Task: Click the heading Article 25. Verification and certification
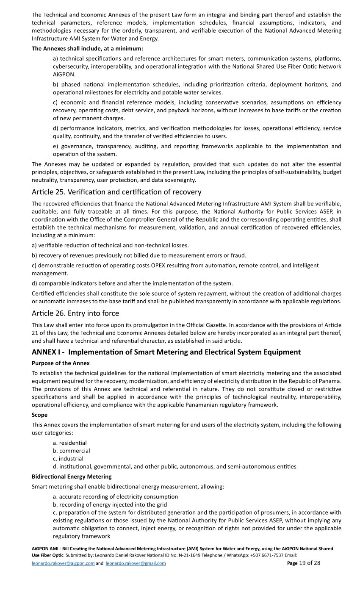coord(116,192)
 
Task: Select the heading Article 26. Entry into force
coord(75,313)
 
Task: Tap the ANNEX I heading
coord(166,352)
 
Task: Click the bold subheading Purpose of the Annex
coord(61,363)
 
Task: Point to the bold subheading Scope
coord(39,415)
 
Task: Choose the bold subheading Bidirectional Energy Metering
coord(72,477)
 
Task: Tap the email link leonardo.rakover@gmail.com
coord(136,563)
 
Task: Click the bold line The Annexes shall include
coord(87,48)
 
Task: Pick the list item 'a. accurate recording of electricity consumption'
coord(115,496)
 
